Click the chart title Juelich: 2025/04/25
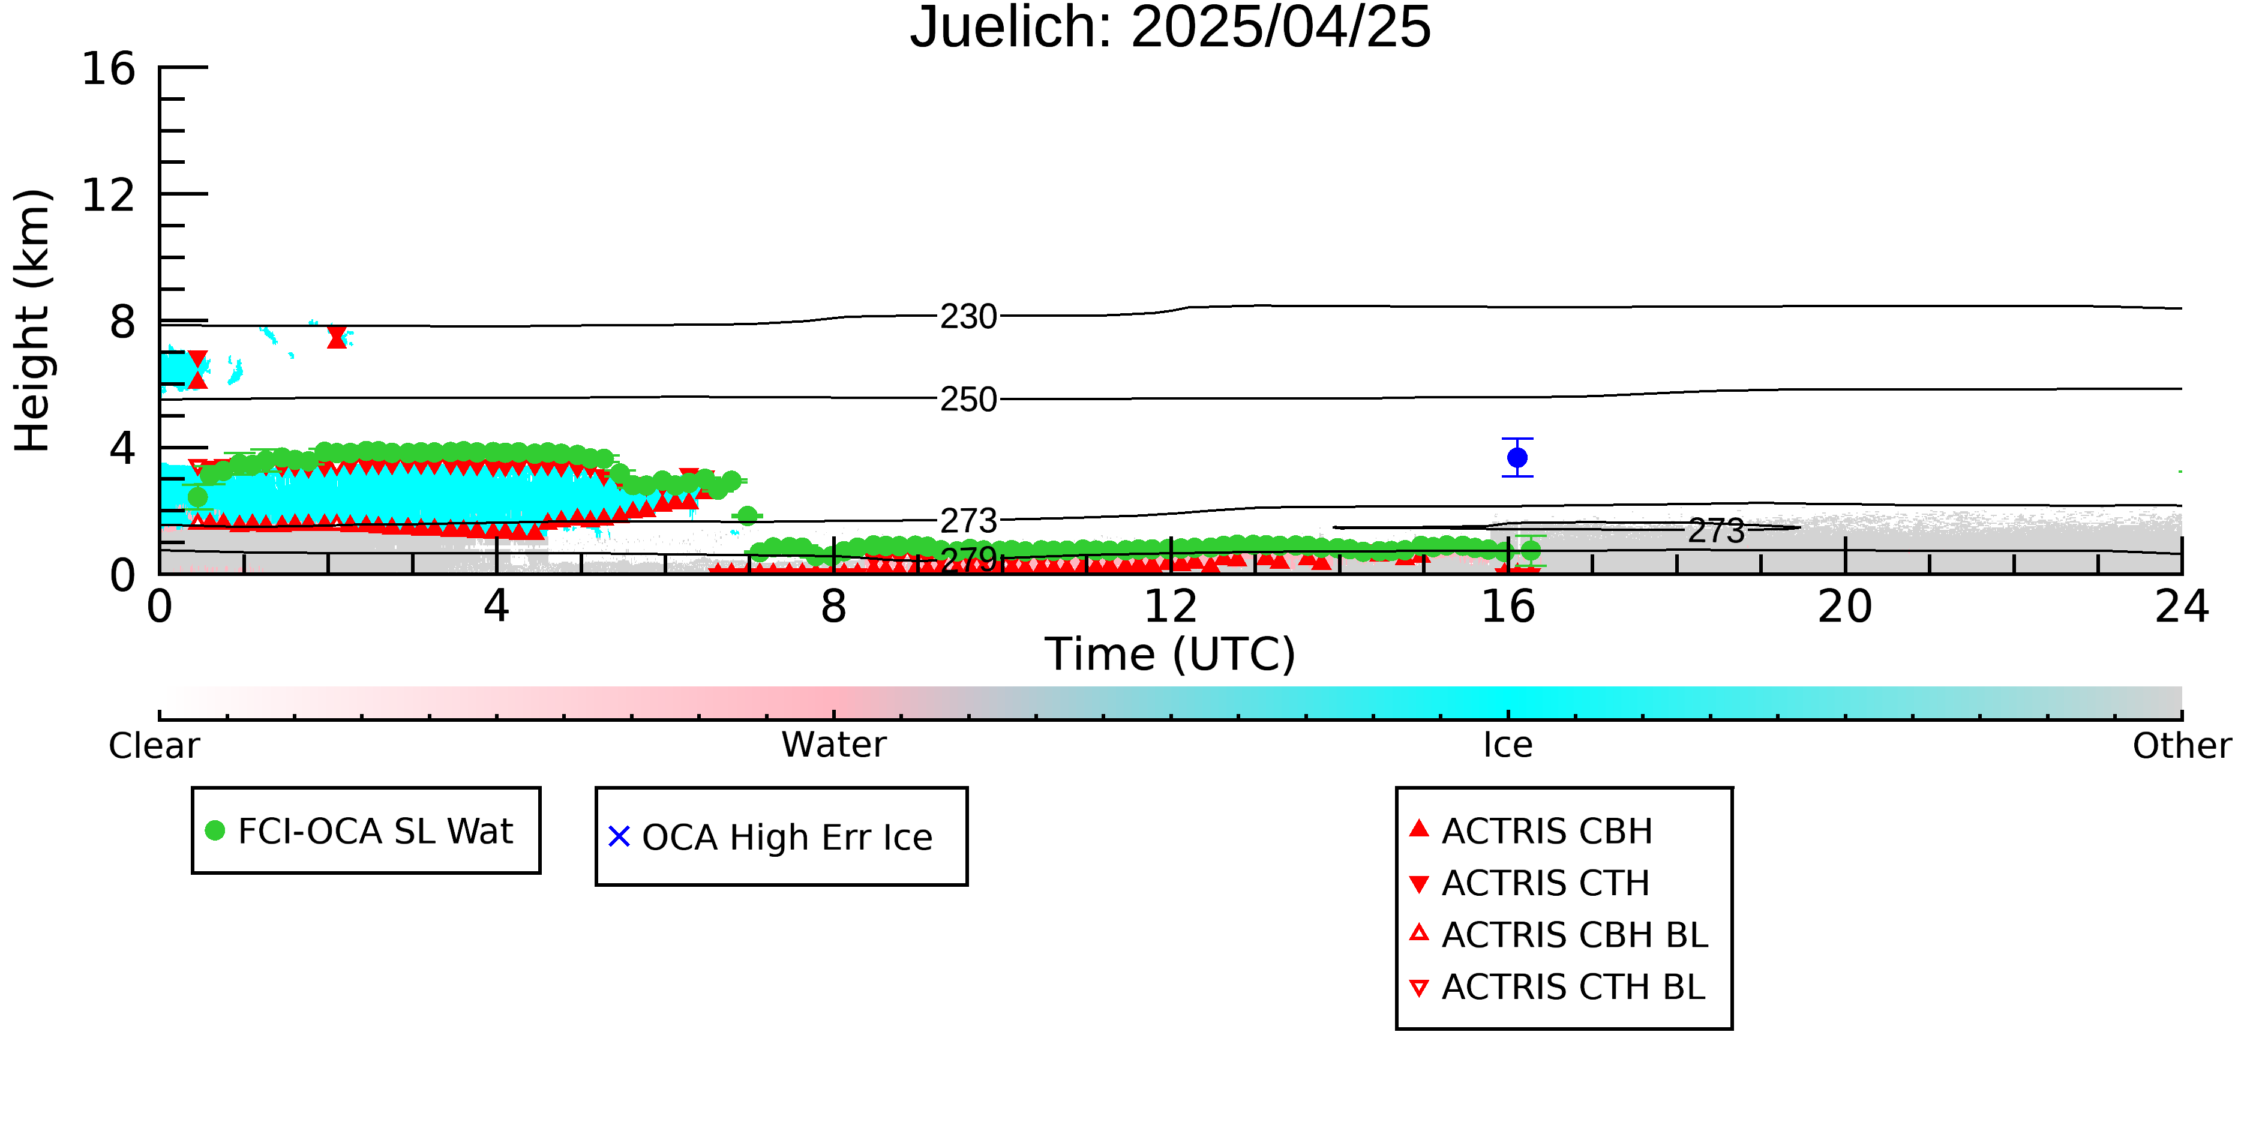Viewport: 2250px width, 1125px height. click(x=1171, y=28)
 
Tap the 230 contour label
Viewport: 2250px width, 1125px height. click(x=968, y=316)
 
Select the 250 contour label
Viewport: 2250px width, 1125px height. click(x=968, y=399)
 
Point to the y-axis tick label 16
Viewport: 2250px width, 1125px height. click(x=109, y=68)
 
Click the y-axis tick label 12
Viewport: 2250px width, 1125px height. click(x=109, y=195)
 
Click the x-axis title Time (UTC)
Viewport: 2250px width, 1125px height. click(x=1171, y=654)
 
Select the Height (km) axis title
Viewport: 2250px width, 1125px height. click(x=32, y=320)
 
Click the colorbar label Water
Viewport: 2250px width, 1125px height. click(x=834, y=744)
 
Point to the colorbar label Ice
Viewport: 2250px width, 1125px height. click(x=1508, y=744)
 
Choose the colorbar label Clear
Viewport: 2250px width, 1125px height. click(x=154, y=745)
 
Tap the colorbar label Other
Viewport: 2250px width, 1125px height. click(x=2182, y=745)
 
